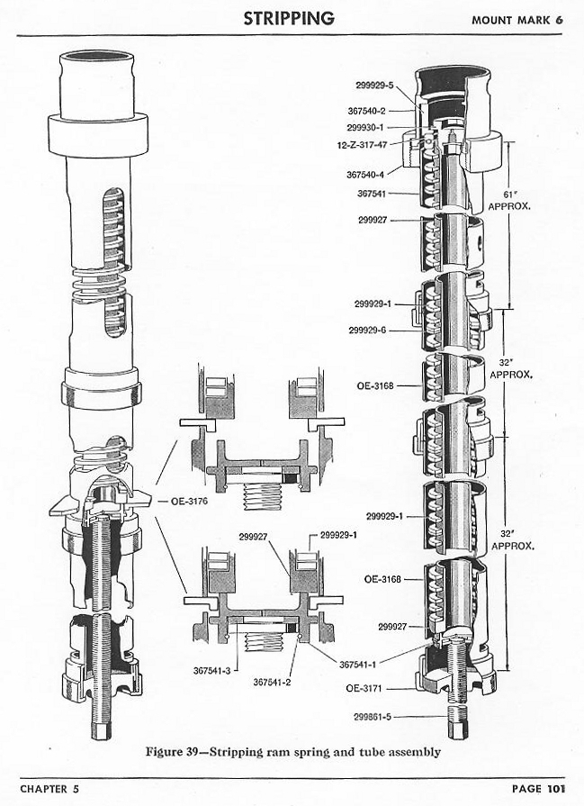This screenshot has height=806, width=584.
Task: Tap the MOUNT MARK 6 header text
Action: click(x=523, y=19)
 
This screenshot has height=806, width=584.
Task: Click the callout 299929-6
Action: click(x=368, y=330)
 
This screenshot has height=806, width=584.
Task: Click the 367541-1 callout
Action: click(x=359, y=665)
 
